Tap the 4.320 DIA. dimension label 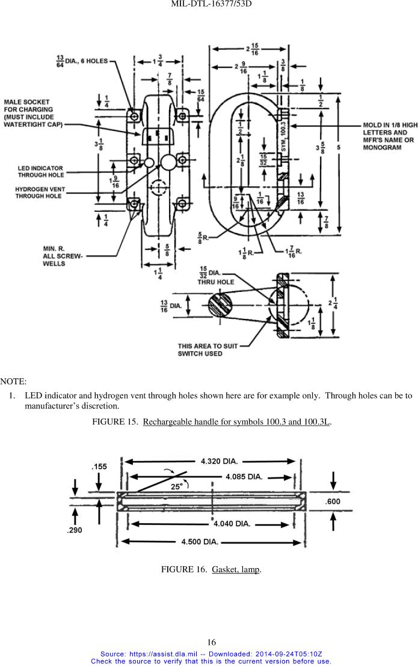coord(219,461)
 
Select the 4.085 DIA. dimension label coord(244,477)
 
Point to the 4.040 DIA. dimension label coord(232,524)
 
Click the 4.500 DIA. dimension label coord(200,542)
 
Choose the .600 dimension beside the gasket coord(333,501)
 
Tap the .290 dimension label coord(75,530)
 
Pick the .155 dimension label coord(99,467)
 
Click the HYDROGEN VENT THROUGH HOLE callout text coord(40,192)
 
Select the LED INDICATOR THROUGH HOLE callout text coord(40,172)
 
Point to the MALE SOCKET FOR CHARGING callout coord(33,113)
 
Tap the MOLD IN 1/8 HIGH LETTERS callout coord(390,136)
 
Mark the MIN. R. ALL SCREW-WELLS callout coord(63,256)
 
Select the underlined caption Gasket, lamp coord(236,569)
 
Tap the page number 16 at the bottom coord(211,642)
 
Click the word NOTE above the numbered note coord(13,381)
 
